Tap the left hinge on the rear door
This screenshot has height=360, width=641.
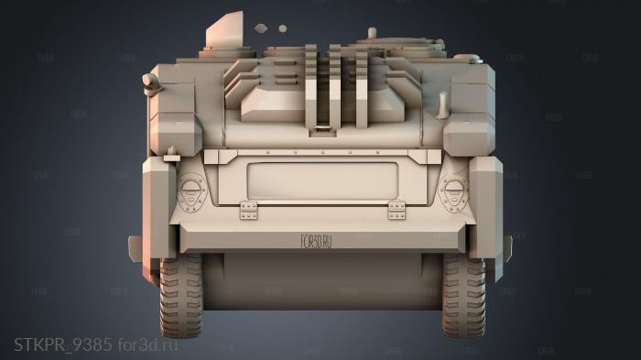pos(248,211)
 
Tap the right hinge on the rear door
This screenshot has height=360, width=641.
pos(397,211)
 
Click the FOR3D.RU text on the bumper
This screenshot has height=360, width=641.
pos(315,241)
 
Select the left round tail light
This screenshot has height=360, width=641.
pos(190,191)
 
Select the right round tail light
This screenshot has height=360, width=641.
pos(452,191)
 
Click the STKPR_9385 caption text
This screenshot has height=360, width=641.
pos(62,344)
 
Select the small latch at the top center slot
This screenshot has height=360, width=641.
pos(322,130)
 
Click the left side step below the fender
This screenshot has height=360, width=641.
pos(136,245)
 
